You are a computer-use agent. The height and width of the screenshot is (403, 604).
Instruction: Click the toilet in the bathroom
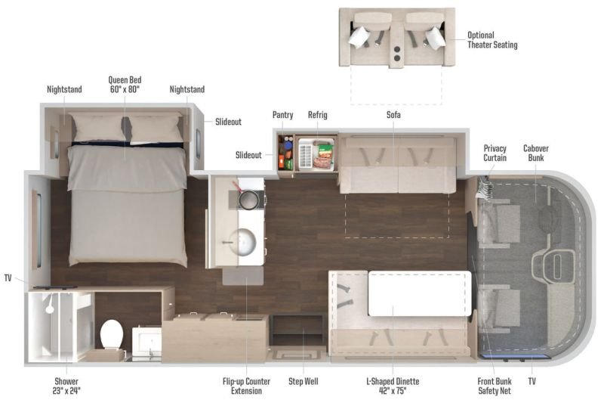112,335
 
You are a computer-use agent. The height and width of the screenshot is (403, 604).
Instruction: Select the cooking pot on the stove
248,198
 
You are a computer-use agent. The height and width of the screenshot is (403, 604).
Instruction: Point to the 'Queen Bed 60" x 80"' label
125,85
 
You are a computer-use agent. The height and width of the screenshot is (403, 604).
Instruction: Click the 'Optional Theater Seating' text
492,40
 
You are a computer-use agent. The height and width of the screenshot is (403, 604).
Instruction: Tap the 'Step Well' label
304,381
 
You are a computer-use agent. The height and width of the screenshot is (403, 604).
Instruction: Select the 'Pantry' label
282,115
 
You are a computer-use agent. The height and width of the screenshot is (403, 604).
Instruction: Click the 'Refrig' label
317,115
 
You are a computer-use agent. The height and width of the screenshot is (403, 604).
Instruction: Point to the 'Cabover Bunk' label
536,153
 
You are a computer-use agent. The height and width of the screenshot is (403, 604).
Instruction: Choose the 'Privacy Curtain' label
495,153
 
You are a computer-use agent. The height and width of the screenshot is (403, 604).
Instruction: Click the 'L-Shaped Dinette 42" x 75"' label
393,386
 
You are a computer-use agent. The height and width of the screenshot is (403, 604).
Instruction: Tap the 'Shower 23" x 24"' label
66,386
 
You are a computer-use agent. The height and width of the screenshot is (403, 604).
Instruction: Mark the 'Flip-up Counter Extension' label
246,386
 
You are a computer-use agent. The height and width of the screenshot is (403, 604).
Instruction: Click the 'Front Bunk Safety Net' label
495,386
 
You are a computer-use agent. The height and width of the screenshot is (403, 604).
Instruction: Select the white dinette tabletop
420,294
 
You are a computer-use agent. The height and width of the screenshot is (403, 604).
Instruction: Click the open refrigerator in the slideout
316,153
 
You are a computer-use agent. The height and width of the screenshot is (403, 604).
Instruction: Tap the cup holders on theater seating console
397,54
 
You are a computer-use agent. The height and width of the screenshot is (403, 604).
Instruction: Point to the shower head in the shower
50,306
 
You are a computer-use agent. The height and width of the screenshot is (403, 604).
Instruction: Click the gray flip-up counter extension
242,276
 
